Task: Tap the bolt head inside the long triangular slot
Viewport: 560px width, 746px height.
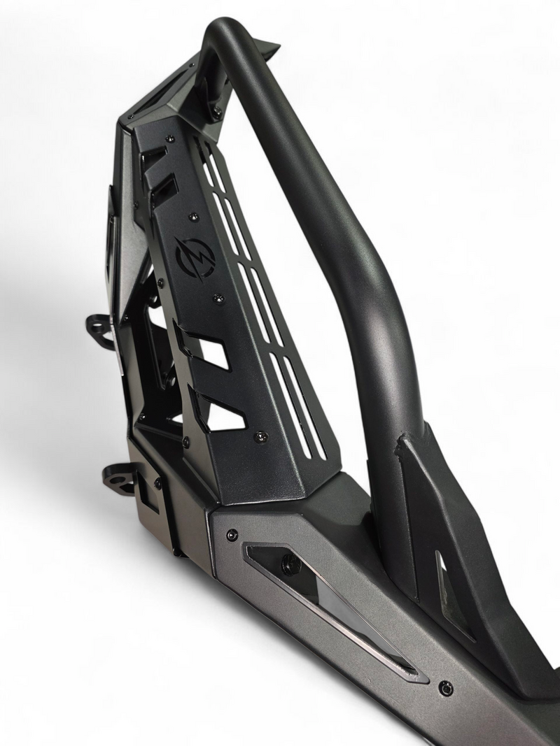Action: [290, 563]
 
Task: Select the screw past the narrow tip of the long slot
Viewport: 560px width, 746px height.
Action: [444, 688]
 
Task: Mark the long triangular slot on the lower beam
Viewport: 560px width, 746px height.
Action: [329, 601]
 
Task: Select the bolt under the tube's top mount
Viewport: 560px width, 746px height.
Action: [218, 110]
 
